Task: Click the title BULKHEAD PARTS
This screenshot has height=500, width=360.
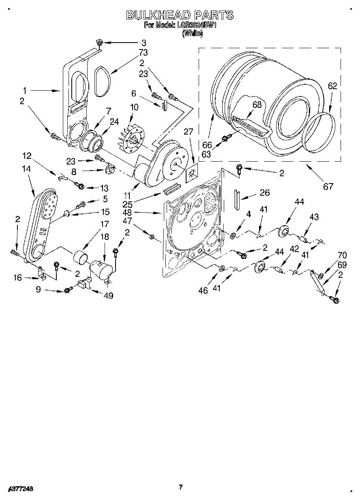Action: [180, 15]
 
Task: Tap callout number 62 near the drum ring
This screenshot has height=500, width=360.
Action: [332, 86]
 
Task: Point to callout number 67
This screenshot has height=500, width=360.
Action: [328, 186]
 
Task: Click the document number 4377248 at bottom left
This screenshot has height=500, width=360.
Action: [20, 489]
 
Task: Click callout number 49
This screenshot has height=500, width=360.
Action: [108, 295]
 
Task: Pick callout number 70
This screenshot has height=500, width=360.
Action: [342, 255]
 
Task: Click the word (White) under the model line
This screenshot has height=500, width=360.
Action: [192, 34]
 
